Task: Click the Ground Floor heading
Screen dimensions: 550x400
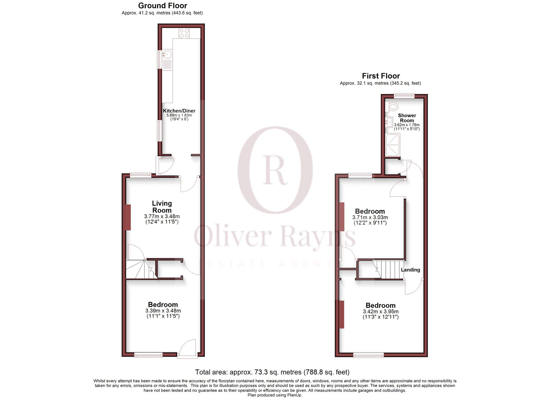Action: [x=163, y=5]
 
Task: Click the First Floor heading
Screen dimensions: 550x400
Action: [x=381, y=76]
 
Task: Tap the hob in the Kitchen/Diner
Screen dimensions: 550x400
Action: [x=184, y=33]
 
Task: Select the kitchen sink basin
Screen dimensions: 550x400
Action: [x=167, y=54]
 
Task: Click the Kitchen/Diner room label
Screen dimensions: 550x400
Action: [x=179, y=111]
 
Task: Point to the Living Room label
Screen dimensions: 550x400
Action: [x=162, y=207]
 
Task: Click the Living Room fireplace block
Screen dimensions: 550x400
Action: [x=128, y=217]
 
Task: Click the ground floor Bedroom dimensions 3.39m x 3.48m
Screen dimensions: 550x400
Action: [x=163, y=311]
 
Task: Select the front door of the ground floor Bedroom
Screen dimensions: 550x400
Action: [x=188, y=349]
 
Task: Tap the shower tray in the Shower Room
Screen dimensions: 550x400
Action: [x=393, y=145]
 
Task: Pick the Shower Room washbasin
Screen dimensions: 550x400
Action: [x=389, y=121]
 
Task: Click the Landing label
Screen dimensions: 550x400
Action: [x=410, y=270]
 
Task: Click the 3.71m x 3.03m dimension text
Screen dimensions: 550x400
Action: [x=370, y=217]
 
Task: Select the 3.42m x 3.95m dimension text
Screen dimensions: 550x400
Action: [x=381, y=311]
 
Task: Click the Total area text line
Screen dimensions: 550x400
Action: [x=272, y=372]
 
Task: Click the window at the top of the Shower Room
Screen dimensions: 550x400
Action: [x=404, y=96]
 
